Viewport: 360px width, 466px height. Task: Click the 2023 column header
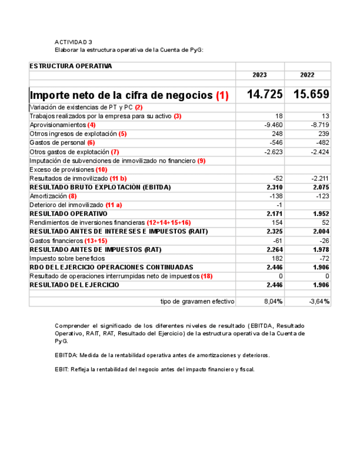pos(259,75)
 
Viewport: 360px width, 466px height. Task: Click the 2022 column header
pos(307,75)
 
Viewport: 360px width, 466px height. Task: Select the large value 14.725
pos(264,95)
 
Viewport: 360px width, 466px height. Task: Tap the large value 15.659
pos(311,95)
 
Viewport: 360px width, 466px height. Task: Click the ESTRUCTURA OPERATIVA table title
pos(70,66)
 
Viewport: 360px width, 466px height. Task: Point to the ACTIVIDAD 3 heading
pos(73,42)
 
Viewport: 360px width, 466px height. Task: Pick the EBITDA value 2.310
pos(274,187)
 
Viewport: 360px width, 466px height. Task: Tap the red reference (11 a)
pos(114,205)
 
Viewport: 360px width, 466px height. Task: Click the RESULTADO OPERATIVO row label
pos(68,214)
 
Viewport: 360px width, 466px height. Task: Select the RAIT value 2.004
pos(321,231)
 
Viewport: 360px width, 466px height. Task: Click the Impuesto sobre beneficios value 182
pos(276,258)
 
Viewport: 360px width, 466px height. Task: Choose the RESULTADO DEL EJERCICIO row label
pos(74,285)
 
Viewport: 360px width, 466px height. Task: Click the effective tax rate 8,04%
pos(273,302)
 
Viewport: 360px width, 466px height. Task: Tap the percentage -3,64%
pos(319,302)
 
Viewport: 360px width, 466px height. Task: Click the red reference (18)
pos(207,276)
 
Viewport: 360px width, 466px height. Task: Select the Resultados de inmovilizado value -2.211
pos(319,179)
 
